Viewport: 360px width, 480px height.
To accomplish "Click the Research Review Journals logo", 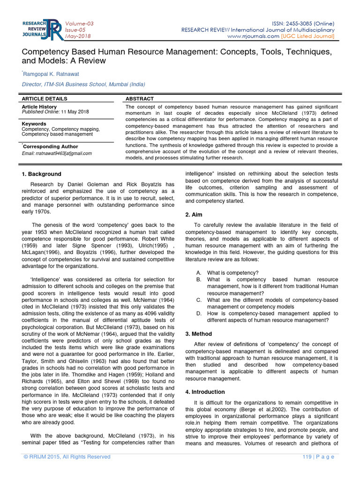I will point(41,29).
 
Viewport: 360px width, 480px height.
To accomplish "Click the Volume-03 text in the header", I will point(79,23).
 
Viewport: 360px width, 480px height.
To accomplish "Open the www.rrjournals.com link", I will point(253,36).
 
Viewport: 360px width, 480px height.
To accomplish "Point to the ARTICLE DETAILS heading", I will point(45,99).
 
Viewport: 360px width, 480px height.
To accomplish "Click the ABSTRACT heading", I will point(140,99).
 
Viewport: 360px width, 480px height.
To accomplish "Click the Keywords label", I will point(34,124).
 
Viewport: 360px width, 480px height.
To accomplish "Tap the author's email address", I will point(57,153).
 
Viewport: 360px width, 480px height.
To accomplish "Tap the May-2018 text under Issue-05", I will point(78,36).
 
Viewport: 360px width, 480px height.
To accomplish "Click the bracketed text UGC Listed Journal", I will point(308,36).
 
